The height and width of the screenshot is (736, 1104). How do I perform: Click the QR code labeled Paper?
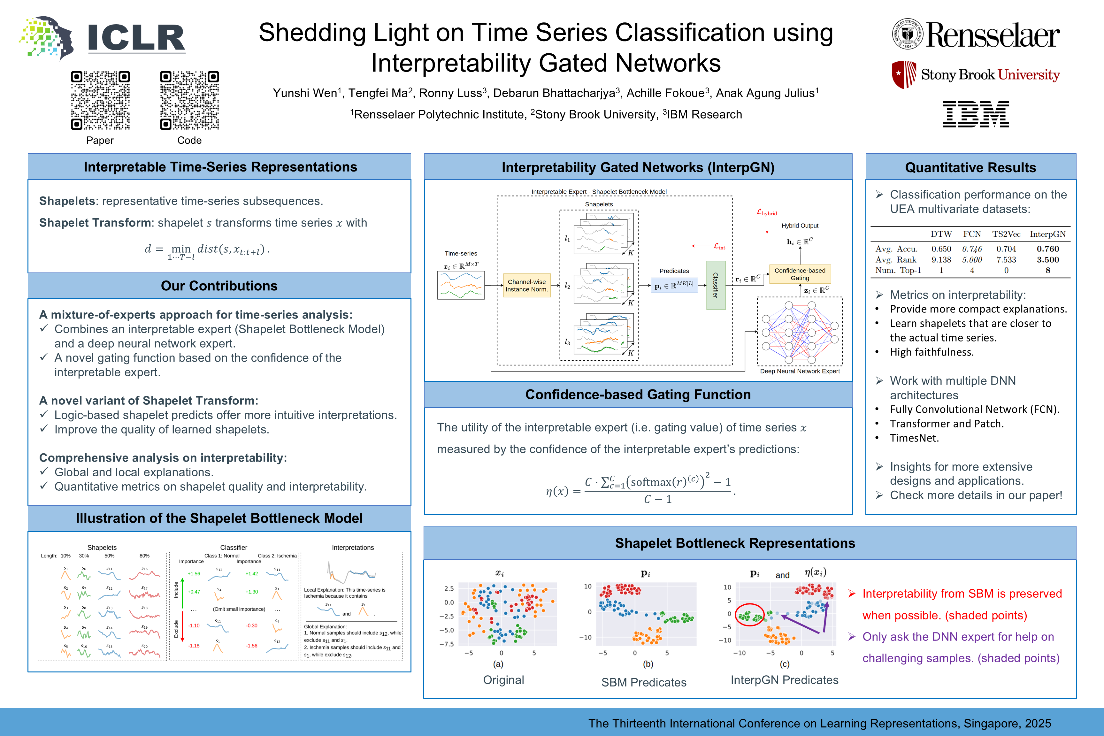coord(100,100)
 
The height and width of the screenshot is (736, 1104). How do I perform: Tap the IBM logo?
coord(976,114)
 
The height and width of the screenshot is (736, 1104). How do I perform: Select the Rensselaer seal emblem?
coord(907,34)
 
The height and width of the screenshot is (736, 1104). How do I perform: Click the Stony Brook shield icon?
coord(904,74)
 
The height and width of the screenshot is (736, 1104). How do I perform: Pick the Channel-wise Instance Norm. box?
coord(527,285)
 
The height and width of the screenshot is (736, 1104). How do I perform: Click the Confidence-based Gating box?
coord(800,274)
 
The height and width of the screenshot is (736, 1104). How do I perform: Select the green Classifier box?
coord(715,285)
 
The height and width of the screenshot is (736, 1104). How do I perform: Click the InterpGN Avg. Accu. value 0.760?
coord(1048,249)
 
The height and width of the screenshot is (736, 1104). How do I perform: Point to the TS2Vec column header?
coord(1006,234)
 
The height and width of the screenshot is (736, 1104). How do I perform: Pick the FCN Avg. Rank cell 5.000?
coord(972,260)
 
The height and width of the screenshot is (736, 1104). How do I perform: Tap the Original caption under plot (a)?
coord(503,680)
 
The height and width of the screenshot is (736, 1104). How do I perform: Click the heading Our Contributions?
coord(219,286)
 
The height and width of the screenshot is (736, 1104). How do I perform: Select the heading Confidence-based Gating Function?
coord(638,394)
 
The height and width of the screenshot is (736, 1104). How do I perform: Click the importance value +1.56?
coord(194,574)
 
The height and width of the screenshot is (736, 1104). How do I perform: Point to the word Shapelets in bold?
coord(67,201)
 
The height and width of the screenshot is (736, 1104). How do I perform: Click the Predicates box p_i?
coord(674,285)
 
